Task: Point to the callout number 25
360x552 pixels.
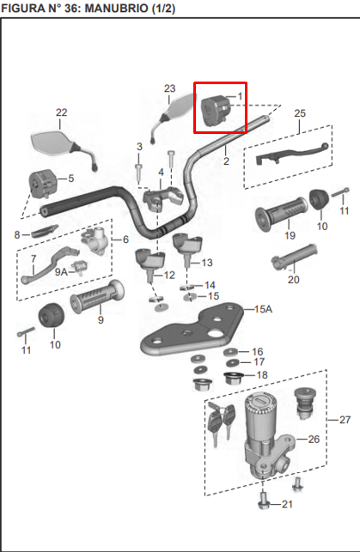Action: (x=299, y=112)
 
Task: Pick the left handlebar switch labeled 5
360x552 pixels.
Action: (x=43, y=183)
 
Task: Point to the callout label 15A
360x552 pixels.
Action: (x=263, y=308)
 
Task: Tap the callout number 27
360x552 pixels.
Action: (x=345, y=419)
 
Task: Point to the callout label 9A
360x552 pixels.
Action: (x=61, y=271)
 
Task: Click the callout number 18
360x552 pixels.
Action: (x=261, y=374)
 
